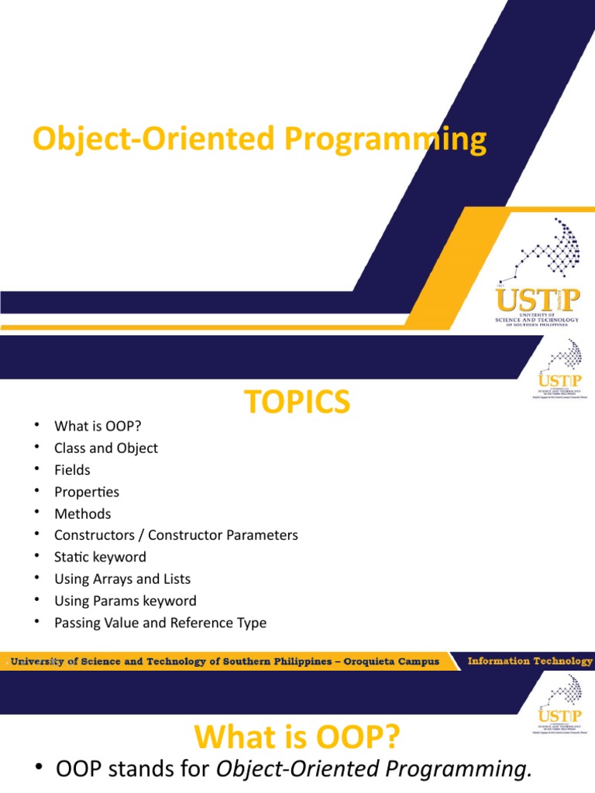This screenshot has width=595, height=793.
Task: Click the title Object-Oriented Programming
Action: click(260, 139)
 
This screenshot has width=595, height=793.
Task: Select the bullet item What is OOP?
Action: click(98, 426)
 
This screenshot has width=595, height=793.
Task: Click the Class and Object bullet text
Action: click(106, 448)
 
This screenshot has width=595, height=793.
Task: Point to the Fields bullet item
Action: click(72, 470)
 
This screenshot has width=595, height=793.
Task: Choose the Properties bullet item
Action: click(87, 492)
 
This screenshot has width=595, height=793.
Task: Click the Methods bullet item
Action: click(83, 513)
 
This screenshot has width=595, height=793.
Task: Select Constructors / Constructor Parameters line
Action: click(176, 535)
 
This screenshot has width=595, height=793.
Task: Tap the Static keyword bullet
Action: click(100, 557)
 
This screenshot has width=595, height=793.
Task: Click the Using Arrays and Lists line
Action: click(122, 578)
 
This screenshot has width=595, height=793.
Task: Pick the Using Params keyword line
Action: click(126, 600)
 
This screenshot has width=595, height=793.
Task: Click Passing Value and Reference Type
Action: click(160, 623)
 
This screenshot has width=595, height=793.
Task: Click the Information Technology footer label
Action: click(530, 661)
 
